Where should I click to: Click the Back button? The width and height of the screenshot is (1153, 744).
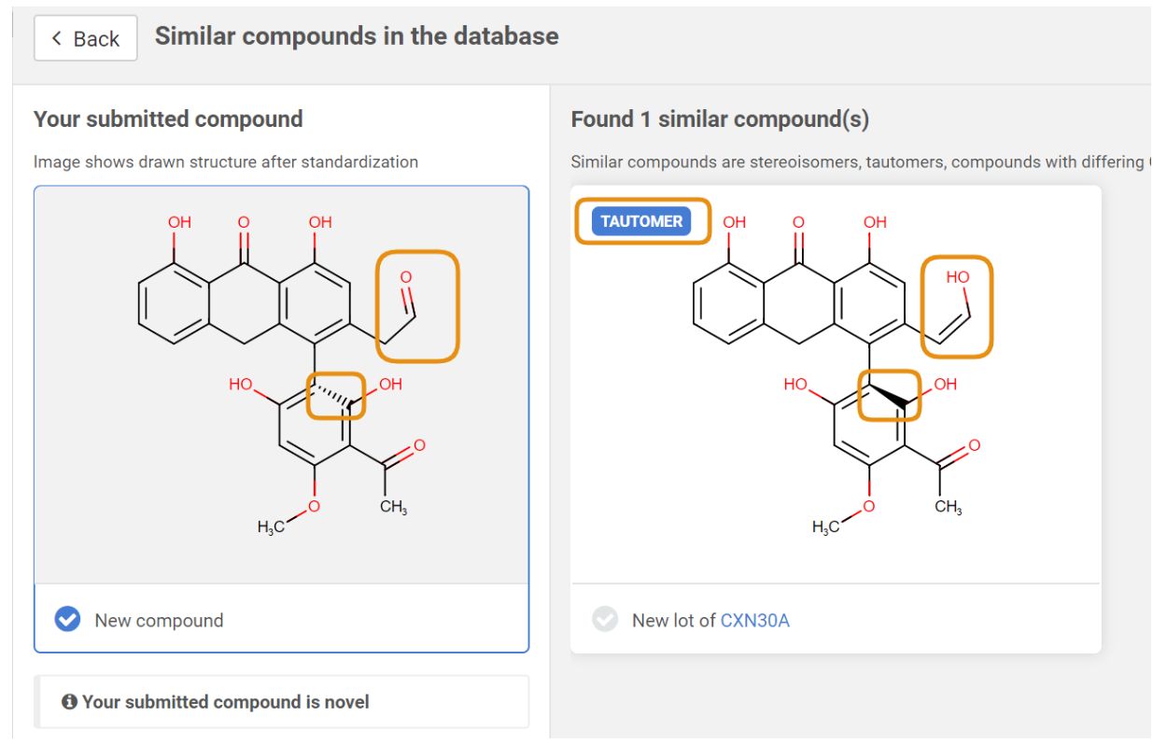click(86, 38)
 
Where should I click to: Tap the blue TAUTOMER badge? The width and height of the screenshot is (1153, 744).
click(640, 221)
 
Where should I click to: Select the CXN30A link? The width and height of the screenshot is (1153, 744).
click(754, 621)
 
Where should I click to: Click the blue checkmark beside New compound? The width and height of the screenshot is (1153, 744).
click(67, 619)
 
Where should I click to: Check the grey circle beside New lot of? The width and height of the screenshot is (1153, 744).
click(605, 619)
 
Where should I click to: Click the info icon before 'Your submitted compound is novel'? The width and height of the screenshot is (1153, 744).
click(69, 701)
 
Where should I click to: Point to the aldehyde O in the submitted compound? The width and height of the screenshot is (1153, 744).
click(406, 277)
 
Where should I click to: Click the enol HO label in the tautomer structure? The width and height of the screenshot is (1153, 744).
click(957, 277)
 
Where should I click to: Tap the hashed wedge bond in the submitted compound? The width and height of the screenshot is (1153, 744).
click(333, 395)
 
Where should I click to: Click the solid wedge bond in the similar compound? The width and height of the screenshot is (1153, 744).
click(889, 396)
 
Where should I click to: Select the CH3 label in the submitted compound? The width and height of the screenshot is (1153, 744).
click(393, 507)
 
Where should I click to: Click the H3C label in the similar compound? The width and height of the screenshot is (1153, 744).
click(825, 526)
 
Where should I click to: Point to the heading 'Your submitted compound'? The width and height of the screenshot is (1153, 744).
click(168, 119)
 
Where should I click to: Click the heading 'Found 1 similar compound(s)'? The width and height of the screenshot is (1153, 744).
click(720, 119)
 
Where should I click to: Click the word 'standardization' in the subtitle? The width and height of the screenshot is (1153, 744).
click(359, 162)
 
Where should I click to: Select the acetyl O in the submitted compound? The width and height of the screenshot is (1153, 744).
click(419, 445)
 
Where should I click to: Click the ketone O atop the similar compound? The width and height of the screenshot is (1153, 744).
click(798, 222)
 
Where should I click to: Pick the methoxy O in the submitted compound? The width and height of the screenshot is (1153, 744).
click(314, 507)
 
